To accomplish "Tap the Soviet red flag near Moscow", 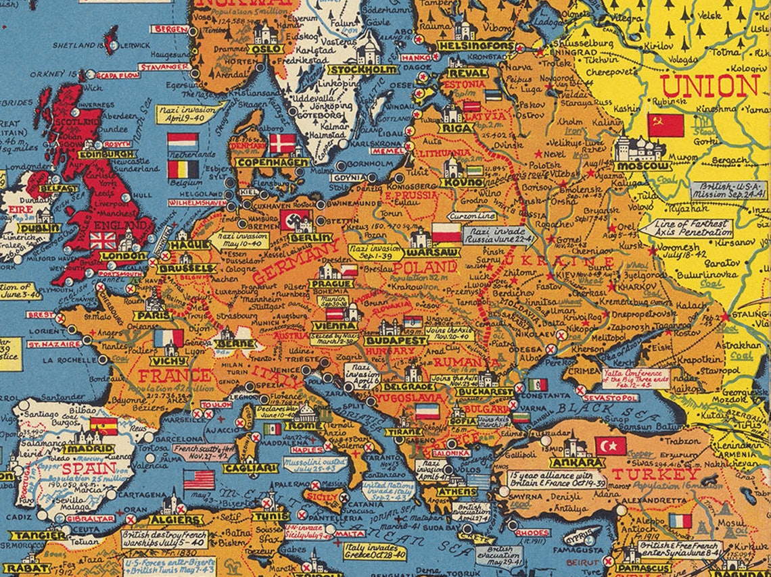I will [x=665, y=125].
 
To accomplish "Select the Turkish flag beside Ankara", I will [x=610, y=446].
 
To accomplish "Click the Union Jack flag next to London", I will [x=103, y=240].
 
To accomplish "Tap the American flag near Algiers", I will [x=199, y=480].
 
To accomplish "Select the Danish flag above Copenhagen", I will [x=282, y=143].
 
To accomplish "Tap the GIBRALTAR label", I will [x=90, y=519].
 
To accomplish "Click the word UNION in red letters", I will [x=709, y=86].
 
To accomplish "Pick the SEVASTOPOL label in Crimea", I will [x=611, y=398].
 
